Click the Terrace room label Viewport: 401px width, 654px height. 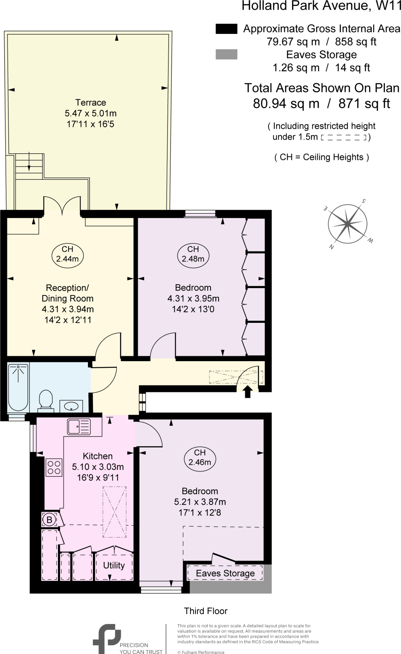coord(90,103)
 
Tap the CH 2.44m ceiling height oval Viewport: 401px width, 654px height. coord(67,254)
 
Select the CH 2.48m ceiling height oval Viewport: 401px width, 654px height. coord(193,254)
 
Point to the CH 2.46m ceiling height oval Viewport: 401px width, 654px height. coord(200,457)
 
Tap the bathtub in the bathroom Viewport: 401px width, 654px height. coord(18,387)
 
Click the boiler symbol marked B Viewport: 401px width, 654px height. coord(49,520)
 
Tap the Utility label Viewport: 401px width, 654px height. coord(114,565)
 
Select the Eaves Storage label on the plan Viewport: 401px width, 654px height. coord(225,573)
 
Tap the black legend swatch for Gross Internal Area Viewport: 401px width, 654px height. coord(226,29)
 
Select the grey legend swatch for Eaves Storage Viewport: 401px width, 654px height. coord(226,55)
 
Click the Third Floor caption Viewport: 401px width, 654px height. coord(206,611)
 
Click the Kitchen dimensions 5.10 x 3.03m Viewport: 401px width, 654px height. coord(98,467)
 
